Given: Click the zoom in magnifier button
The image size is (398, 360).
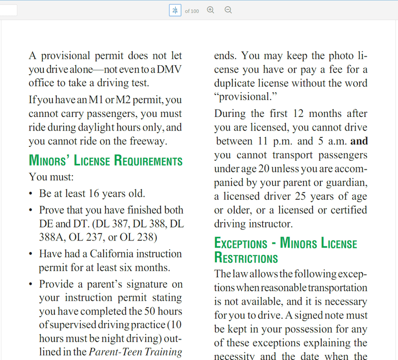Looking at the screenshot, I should click(210, 10).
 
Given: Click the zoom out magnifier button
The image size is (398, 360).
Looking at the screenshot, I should click(228, 10).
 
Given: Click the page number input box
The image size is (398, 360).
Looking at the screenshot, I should click(175, 10).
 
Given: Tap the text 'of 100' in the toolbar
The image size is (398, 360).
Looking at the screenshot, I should click(192, 11).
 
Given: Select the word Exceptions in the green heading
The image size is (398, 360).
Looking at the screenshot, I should click(241, 243).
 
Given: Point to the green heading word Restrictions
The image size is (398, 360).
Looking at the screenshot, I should click(246, 258).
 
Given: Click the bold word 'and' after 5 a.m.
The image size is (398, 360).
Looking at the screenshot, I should click(359, 141).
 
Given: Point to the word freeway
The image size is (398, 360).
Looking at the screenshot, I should click(148, 141).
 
